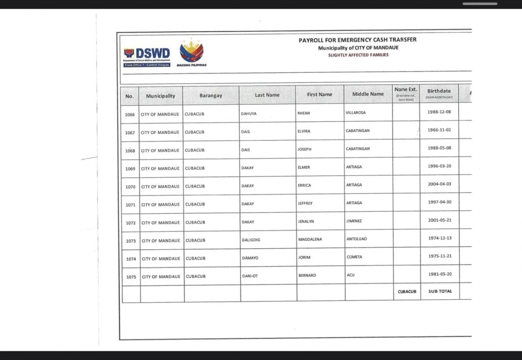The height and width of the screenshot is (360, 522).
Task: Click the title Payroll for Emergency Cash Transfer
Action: (x=357, y=40)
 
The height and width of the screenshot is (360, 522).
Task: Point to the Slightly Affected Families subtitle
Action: (x=358, y=55)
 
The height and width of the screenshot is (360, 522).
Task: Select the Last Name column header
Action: (x=267, y=95)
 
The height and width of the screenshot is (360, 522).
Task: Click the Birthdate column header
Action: (x=439, y=93)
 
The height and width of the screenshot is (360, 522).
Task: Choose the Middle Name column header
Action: (x=368, y=94)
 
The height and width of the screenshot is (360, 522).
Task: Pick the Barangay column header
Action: (x=211, y=96)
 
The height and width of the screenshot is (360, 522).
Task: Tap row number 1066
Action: (x=130, y=115)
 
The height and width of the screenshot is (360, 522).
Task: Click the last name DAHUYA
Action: (x=249, y=114)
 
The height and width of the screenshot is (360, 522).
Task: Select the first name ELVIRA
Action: (x=304, y=131)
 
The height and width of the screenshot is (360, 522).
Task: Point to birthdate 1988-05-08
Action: (x=439, y=148)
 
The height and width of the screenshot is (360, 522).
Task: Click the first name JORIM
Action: (x=304, y=258)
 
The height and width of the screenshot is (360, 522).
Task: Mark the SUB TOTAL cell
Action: (x=439, y=292)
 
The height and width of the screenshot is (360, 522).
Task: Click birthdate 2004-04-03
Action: (x=439, y=184)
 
